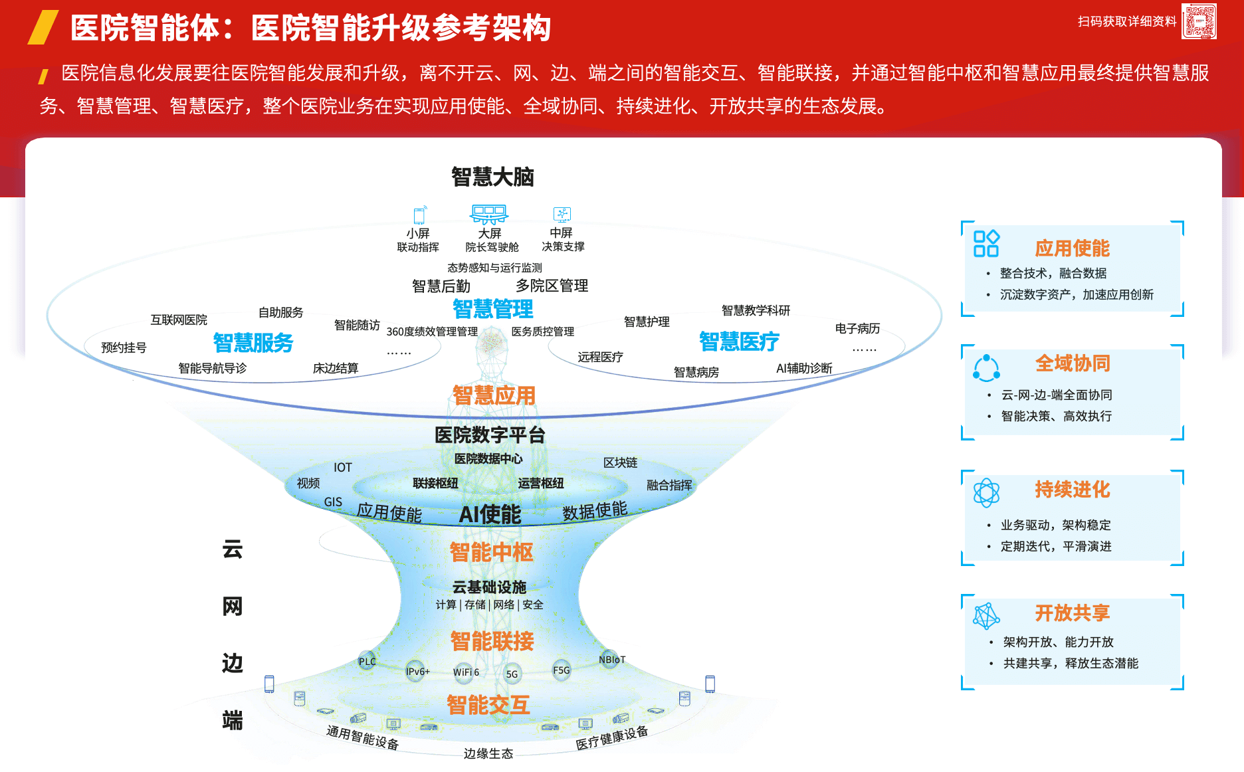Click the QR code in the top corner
[x=1199, y=21]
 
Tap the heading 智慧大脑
[x=492, y=177]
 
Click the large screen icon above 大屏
[x=489, y=214]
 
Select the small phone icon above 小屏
[x=419, y=215]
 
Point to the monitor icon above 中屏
[x=562, y=214]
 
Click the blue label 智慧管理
[x=492, y=309]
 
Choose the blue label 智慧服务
[x=253, y=343]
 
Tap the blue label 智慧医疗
[x=739, y=341]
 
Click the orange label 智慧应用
[x=494, y=395]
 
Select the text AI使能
[x=490, y=514]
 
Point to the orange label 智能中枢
[x=492, y=552]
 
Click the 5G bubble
[x=512, y=674]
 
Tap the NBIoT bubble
[x=611, y=660]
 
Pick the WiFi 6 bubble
[x=465, y=672]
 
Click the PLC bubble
[x=367, y=661]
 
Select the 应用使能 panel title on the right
[x=1072, y=248]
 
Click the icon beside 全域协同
[x=986, y=367]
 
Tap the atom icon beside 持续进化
[x=986, y=493]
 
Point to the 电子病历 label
[x=857, y=328]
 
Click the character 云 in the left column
[x=233, y=549]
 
